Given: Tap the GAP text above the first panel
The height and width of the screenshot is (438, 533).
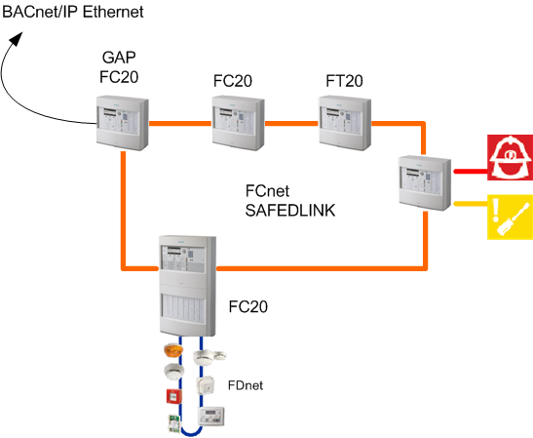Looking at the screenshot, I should [x=123, y=59].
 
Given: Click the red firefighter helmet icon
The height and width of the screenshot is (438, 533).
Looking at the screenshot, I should [x=509, y=159].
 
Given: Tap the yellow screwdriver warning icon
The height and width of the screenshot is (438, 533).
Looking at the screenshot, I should [x=509, y=216].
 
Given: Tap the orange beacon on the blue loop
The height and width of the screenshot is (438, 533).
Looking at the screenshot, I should [x=171, y=351].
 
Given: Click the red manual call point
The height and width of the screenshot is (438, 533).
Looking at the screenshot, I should [x=171, y=396].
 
